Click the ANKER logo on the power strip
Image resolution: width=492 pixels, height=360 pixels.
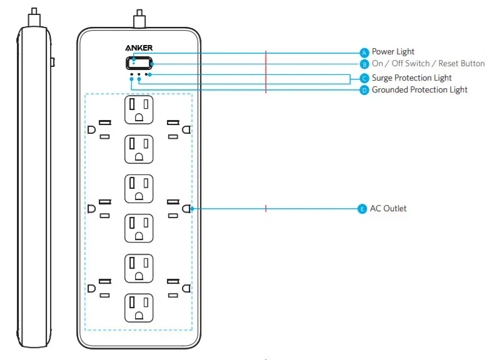(139, 47)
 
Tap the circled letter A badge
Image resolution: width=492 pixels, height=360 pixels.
(364, 52)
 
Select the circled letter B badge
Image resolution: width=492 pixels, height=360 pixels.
(364, 64)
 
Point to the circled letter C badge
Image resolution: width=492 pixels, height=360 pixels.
(364, 78)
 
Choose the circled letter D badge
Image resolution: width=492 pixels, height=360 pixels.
(364, 90)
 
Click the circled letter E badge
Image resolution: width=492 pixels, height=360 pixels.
(361, 209)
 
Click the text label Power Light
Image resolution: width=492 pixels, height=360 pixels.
(393, 52)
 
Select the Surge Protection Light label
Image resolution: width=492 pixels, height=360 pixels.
(411, 78)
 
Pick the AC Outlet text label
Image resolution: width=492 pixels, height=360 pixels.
(388, 209)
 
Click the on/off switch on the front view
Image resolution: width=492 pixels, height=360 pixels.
(139, 62)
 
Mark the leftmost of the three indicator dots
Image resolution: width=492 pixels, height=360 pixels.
(131, 74)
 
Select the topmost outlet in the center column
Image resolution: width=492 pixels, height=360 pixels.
(139, 109)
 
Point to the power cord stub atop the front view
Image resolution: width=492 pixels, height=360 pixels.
(139, 17)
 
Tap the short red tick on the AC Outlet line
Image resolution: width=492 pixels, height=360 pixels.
(266, 208)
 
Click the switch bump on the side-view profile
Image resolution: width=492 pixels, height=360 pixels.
(53, 62)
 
